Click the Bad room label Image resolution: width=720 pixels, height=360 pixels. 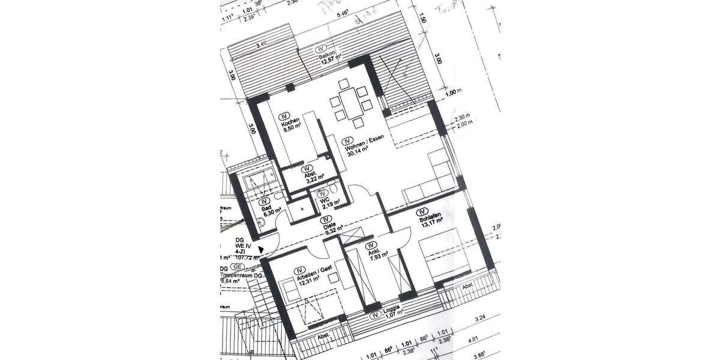(x=266, y=207)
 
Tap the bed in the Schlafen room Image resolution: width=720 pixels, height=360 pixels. (x=444, y=255)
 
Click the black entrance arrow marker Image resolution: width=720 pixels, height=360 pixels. (x=261, y=249)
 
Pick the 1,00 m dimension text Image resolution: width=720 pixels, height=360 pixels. (x=454, y=92)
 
